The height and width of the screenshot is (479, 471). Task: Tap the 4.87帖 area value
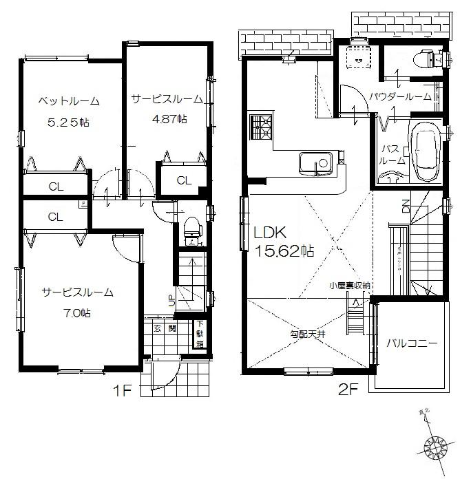[x=169, y=118]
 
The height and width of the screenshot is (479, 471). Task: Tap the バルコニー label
[x=411, y=342]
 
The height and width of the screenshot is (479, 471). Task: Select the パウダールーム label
[x=400, y=96]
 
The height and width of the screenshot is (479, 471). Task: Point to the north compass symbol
[x=437, y=446]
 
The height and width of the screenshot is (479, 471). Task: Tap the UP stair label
[x=170, y=300]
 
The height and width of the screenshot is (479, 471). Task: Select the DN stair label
[x=406, y=205]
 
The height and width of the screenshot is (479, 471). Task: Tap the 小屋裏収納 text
[x=350, y=284]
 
